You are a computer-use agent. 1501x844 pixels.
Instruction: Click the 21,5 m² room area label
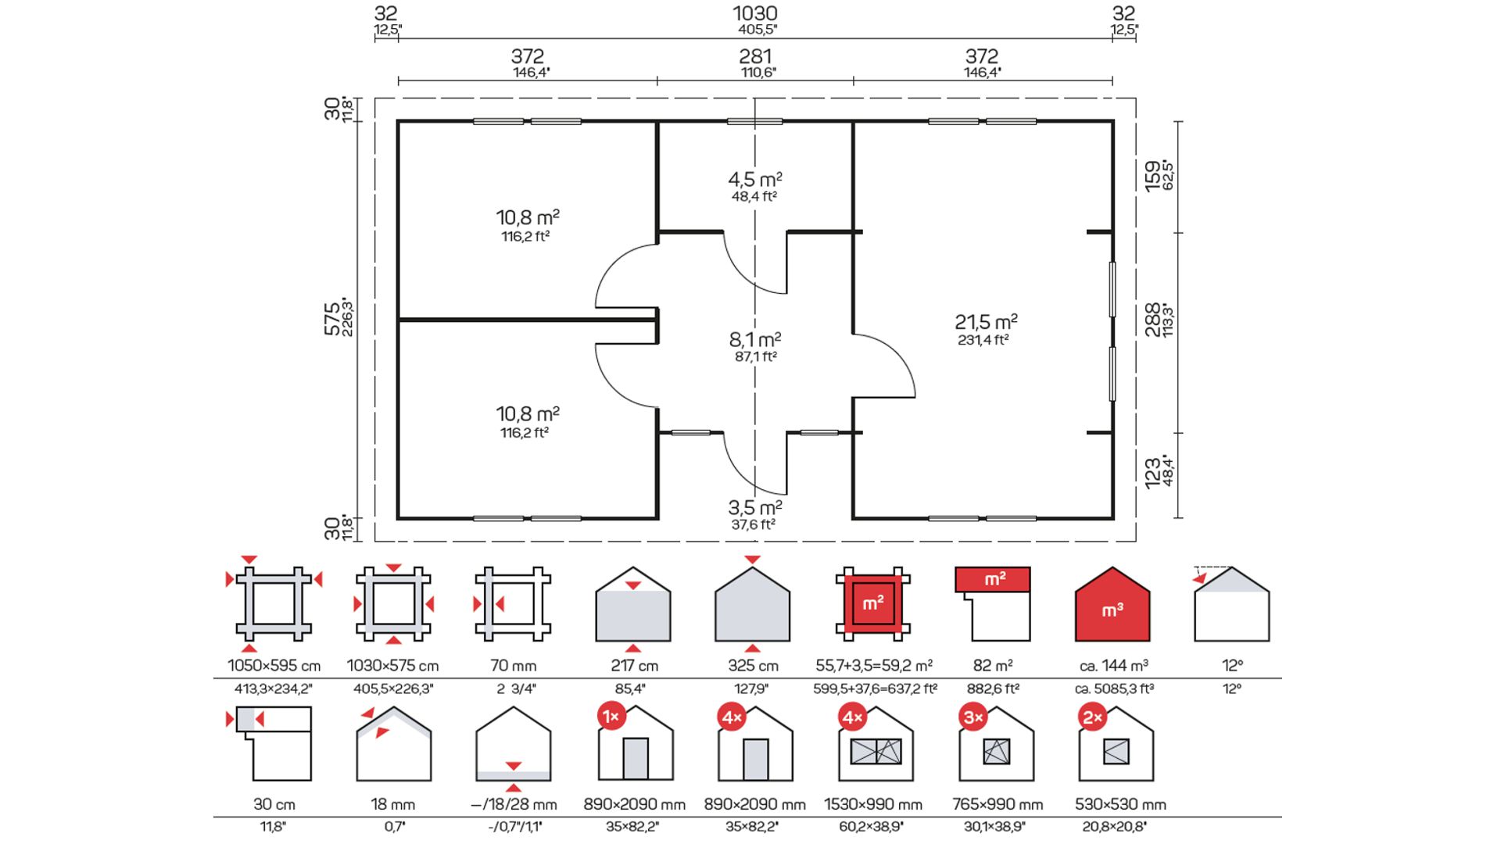pos(986,321)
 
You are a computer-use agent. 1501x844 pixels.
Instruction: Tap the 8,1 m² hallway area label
pos(755,339)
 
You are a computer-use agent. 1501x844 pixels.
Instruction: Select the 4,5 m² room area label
pos(755,179)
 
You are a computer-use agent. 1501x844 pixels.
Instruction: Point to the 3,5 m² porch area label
pos(755,507)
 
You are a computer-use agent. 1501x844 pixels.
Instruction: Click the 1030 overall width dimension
pos(755,13)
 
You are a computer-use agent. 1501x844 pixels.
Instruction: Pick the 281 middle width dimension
pos(755,56)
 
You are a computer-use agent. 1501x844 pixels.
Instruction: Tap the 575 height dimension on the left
pos(333,319)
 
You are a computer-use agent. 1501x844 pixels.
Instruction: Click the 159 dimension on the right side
pos(1153,176)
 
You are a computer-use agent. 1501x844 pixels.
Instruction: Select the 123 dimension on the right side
pos(1153,474)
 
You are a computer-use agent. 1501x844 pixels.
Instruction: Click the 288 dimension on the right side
pos(1153,320)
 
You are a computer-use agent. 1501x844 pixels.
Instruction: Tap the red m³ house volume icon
pos(1112,604)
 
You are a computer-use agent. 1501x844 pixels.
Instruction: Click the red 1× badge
pos(611,717)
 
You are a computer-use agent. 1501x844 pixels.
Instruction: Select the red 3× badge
pos(973,717)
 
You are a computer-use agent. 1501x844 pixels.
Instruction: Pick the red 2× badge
pos(1093,717)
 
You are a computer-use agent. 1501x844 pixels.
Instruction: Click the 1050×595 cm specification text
pos(274,666)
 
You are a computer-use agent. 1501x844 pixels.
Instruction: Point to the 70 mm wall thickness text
pos(514,666)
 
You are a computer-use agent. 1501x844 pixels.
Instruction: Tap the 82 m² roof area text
pos(993,665)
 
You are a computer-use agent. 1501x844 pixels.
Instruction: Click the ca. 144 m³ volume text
pos(1113,666)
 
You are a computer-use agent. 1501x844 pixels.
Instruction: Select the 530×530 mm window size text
pos(1120,804)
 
